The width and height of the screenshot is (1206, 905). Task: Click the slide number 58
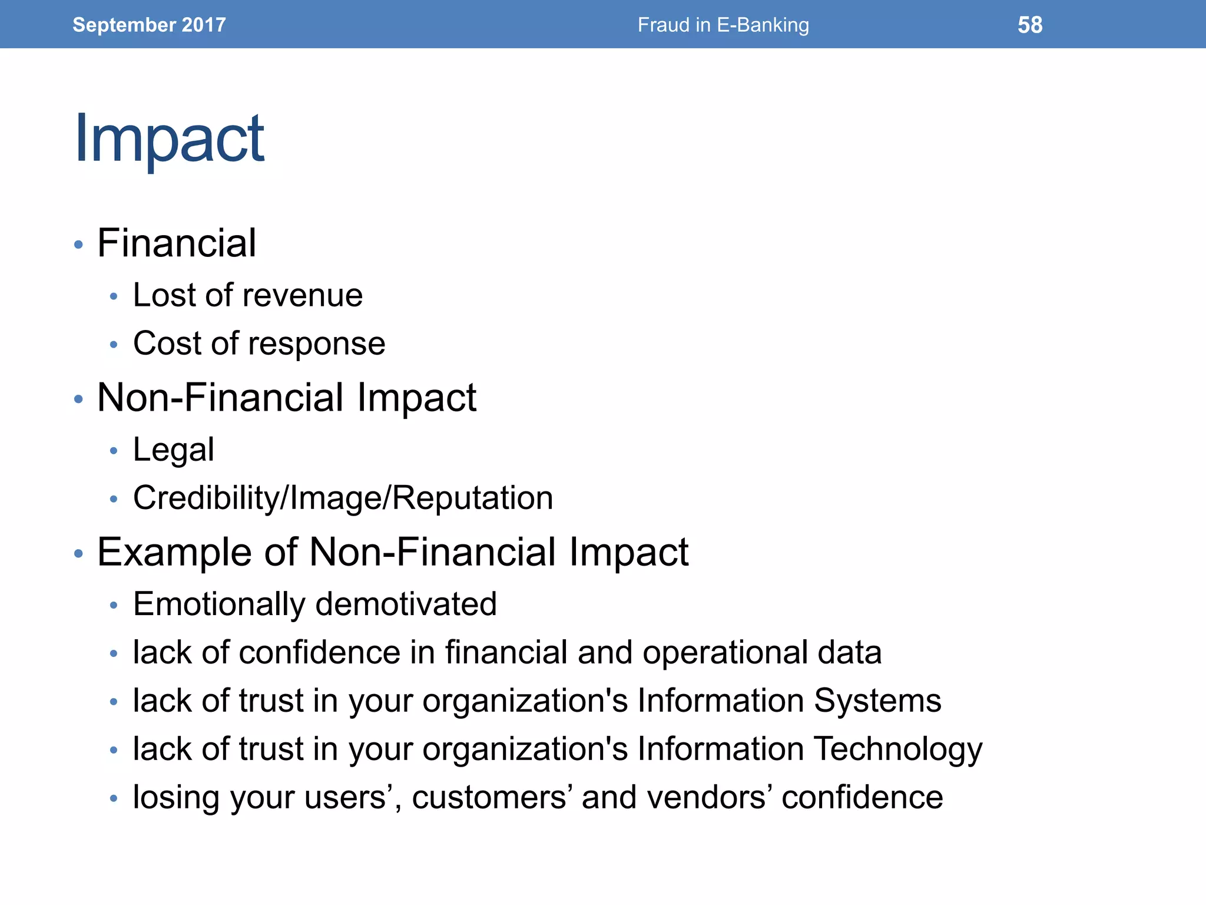pos(1030,25)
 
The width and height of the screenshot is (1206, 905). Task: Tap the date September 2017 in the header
pos(149,25)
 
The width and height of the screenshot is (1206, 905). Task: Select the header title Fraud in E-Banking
pos(723,25)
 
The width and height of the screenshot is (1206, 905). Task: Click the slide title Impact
pos(169,139)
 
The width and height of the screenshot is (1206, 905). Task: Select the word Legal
pos(173,451)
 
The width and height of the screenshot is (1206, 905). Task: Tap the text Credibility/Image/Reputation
pos(343,498)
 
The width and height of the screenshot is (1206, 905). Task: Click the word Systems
pos(877,702)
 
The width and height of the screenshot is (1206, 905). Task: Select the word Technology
pos(898,750)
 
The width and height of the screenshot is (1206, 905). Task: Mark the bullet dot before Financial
pos(78,245)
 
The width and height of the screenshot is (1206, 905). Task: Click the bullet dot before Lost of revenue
pos(114,296)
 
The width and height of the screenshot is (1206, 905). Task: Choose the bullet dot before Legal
pos(114,451)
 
